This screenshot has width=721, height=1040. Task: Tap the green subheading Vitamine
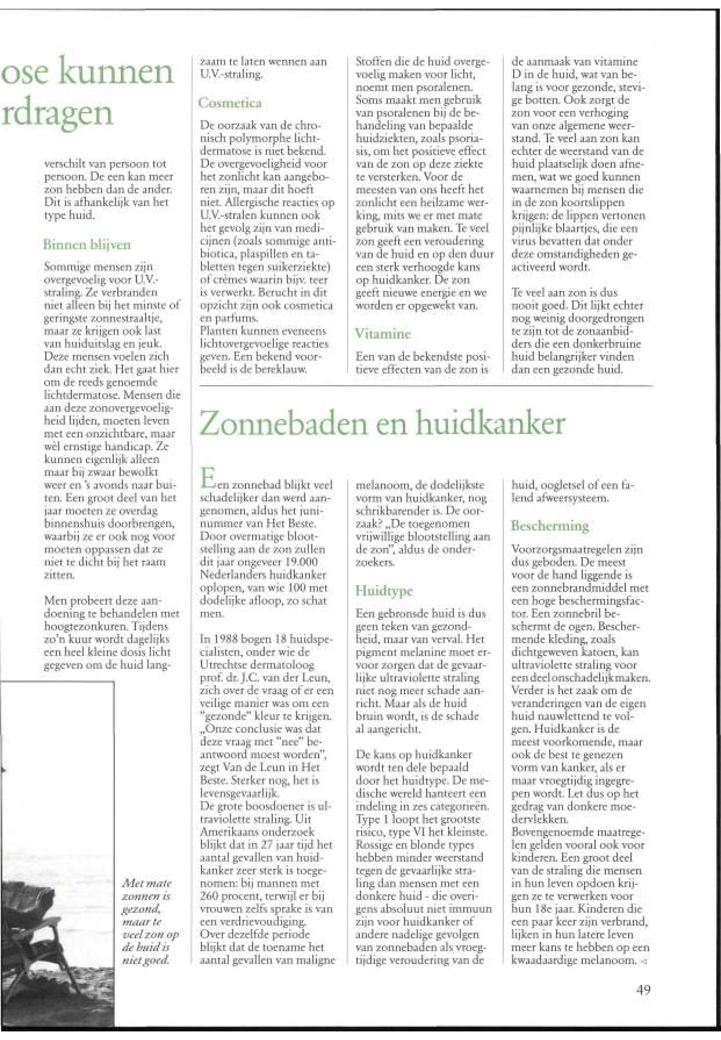[x=383, y=334]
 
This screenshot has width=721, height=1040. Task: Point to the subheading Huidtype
[x=384, y=591]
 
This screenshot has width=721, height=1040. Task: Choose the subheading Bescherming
[x=550, y=525]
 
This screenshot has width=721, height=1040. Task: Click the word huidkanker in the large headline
[x=490, y=423]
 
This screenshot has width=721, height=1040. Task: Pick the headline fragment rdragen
[x=57, y=114]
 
